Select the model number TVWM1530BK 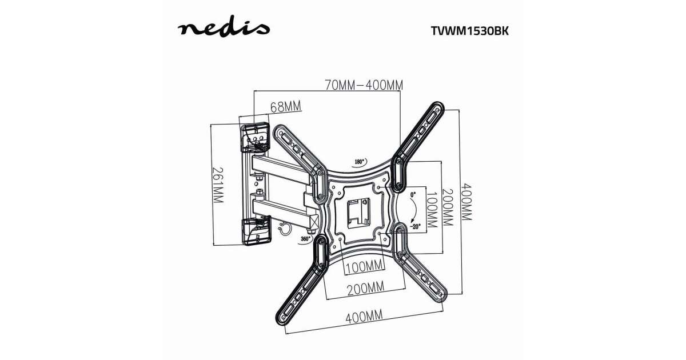[470, 31]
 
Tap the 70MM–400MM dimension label [364, 85]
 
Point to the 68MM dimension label [286, 107]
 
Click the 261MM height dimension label [218, 185]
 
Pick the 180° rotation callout [361, 162]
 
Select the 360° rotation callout [305, 239]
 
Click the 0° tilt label [413, 194]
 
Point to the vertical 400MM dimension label [466, 202]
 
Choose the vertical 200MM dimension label [448, 207]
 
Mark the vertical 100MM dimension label [431, 210]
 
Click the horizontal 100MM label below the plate [365, 267]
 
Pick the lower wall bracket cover [257, 230]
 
